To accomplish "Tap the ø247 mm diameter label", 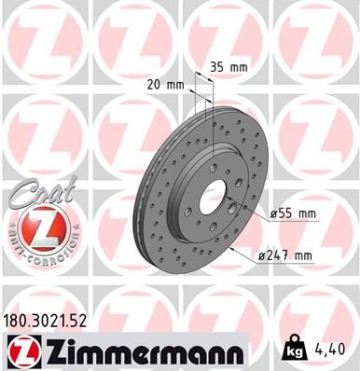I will pos(290,255).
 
